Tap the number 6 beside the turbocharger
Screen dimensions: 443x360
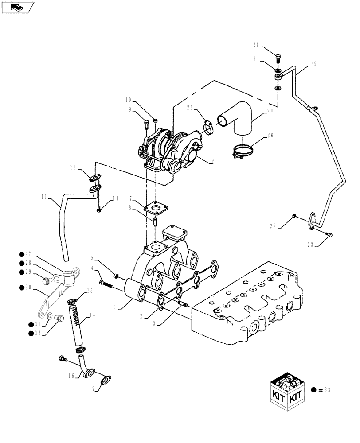tap(213, 162)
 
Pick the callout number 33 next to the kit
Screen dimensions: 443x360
tap(328, 390)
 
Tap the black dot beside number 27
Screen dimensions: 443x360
tap(21, 254)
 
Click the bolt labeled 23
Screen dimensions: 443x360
tap(329, 235)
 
